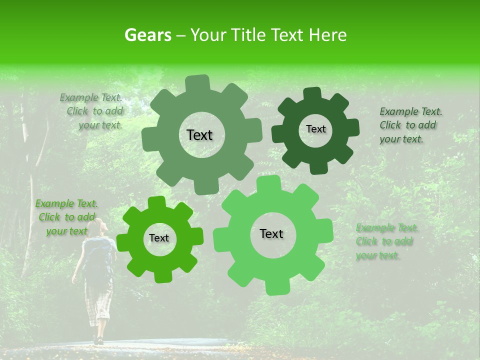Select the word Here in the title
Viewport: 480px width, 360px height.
[328, 35]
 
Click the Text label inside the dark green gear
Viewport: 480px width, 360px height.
[315, 129]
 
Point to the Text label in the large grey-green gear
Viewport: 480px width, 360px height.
[199, 135]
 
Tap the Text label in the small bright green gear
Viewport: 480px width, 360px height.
[159, 238]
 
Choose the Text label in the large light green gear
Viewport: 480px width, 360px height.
[271, 233]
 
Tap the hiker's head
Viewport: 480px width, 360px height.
[98, 226]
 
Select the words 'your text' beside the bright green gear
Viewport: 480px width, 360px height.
[66, 231]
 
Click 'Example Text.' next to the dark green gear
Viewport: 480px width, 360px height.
[410, 111]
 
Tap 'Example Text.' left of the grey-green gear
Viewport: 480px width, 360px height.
[91, 97]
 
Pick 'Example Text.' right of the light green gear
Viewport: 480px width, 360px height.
[387, 228]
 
